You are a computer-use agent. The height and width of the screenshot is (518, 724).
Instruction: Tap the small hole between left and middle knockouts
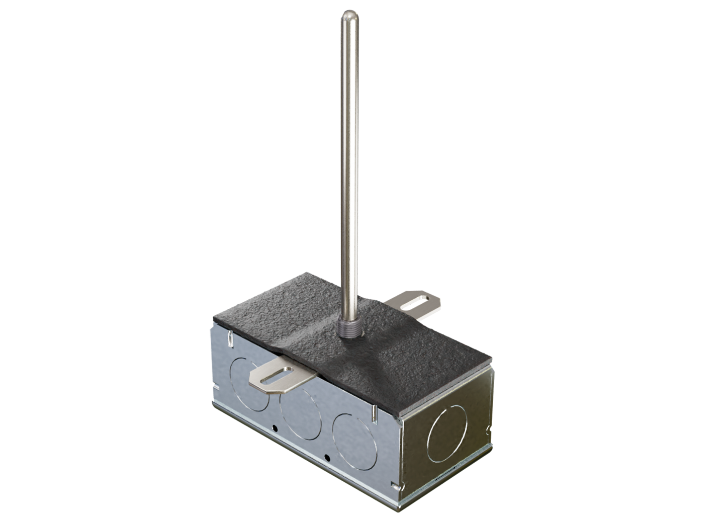point(276,428)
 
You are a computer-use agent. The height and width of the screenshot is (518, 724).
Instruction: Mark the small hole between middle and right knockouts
point(327,457)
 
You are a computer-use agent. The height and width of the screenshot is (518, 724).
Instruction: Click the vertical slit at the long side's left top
point(229,339)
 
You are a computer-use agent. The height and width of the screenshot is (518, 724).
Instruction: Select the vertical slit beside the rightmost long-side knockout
point(375,413)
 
